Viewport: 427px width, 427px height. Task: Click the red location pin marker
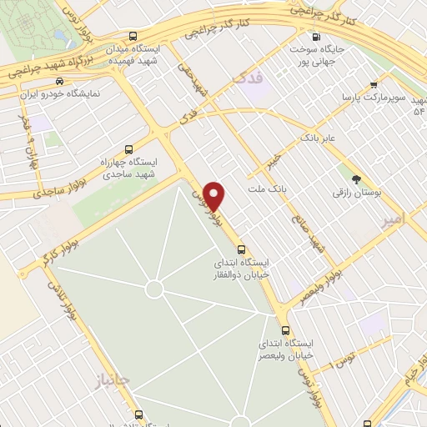click(214, 196)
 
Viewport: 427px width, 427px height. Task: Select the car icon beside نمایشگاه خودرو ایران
click(59, 82)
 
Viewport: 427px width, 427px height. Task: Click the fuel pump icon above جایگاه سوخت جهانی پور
click(315, 37)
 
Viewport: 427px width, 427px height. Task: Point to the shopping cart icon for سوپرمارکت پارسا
click(374, 84)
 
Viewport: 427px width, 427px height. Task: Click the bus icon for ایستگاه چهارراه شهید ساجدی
click(127, 150)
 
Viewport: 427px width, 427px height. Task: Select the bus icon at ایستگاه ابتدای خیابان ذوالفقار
click(241, 249)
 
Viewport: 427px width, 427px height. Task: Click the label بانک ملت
click(266, 190)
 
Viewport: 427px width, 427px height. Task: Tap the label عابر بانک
click(319, 136)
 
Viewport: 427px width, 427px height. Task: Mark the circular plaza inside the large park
click(153, 289)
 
